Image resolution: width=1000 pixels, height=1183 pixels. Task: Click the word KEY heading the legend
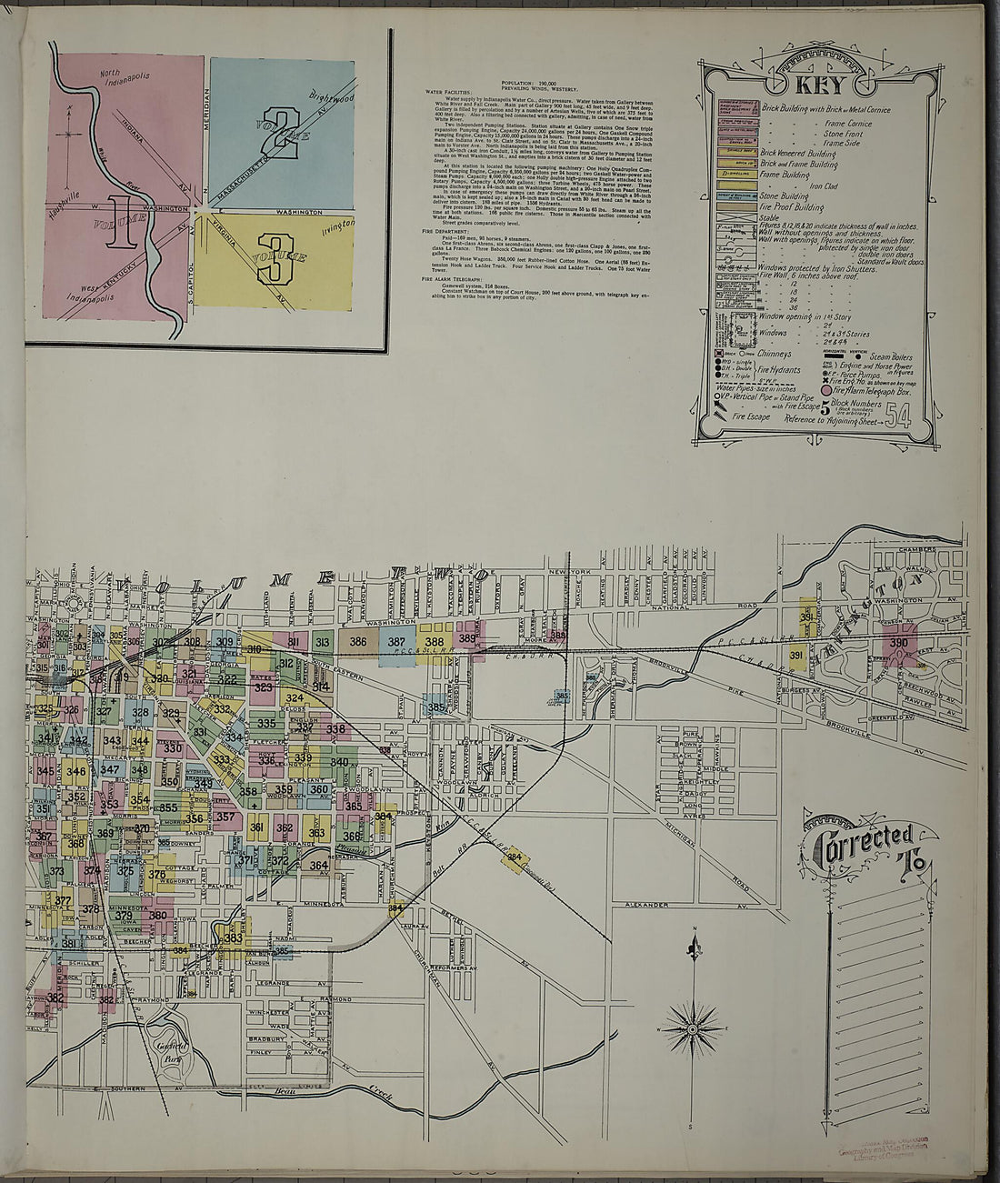(821, 86)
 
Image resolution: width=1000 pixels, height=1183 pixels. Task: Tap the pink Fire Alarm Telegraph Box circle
(826, 391)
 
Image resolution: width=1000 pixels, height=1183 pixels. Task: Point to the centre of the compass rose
(693, 1028)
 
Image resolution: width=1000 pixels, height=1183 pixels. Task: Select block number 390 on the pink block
(898, 644)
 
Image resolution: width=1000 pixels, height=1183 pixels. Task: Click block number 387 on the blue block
(396, 642)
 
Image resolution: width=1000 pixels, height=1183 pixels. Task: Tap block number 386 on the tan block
(358, 642)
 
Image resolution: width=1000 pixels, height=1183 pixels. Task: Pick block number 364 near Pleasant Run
(318, 866)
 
